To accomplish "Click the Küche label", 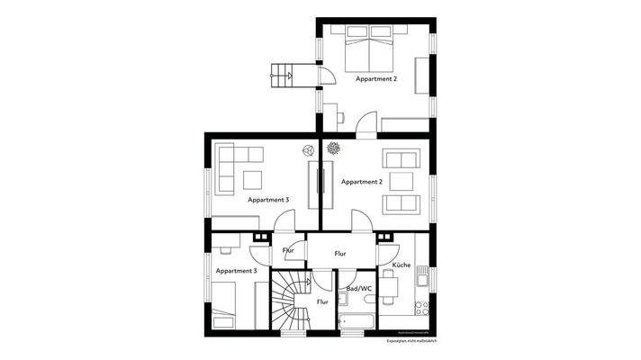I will coord(402,265).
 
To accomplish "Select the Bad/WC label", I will coord(358,288).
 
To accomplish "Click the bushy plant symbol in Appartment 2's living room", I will coord(333,148).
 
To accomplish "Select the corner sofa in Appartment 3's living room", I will coord(236,164).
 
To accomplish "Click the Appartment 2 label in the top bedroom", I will coord(375,79).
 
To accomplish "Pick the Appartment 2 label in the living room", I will coord(362,182).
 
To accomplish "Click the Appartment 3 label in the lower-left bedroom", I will coord(237,270).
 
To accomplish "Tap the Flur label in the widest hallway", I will coord(340,254).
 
